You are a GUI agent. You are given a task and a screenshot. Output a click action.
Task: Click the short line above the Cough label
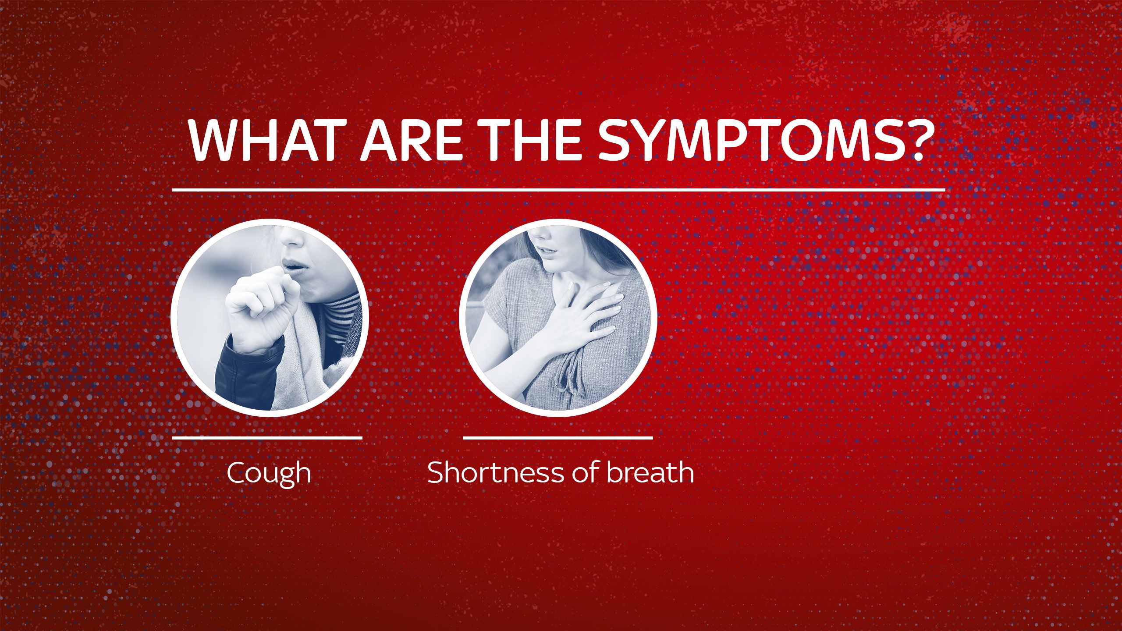pos(267,437)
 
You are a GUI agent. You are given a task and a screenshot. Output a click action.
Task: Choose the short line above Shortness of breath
pos(558,437)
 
